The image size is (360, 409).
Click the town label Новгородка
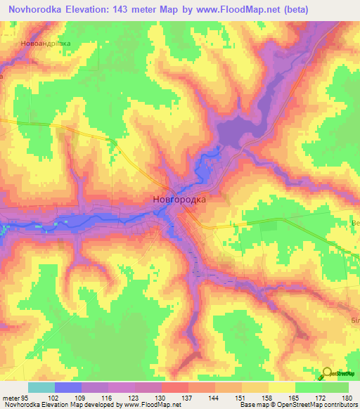(179, 200)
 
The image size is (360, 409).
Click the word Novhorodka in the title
(35, 9)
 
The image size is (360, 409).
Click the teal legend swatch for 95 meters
(41, 387)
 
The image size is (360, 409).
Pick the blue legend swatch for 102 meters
(68, 387)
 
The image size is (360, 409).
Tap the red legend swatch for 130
(175, 387)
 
